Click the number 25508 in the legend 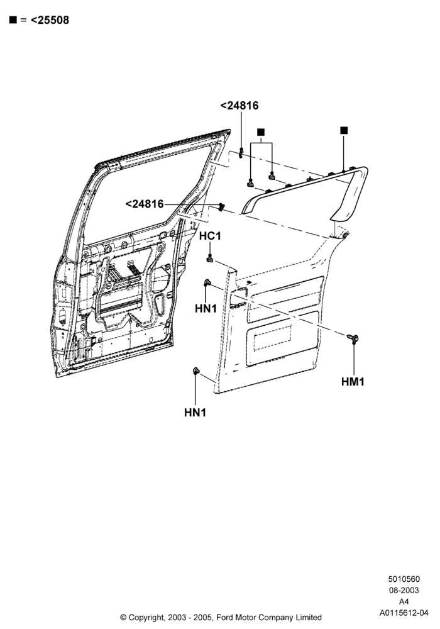coord(53,20)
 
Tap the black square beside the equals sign coord(13,19)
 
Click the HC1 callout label coord(210,237)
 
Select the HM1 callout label coord(353,382)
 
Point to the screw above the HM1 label coord(353,338)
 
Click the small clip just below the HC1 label coord(209,259)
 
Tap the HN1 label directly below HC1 coord(206,308)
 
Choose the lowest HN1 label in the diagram coord(195,413)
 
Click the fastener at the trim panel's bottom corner coord(196,370)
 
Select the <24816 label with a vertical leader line coord(239,106)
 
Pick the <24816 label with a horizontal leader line coord(145,204)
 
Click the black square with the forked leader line coord(261,132)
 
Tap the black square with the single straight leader coord(344,130)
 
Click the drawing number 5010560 coord(404,579)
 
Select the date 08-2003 coord(404,590)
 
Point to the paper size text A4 coord(404,601)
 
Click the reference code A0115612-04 coord(404,613)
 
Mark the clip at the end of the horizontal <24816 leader coord(221,207)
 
